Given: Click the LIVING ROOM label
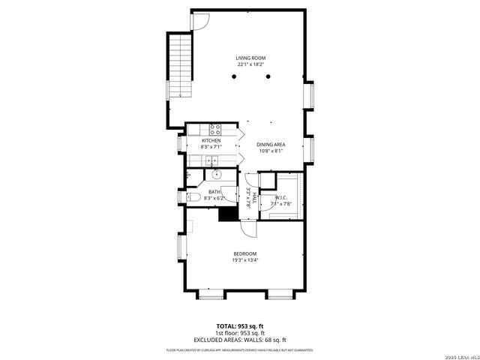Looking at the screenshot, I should pyautogui.click(x=250, y=58).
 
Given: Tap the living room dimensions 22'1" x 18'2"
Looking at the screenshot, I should pyautogui.click(x=250, y=64).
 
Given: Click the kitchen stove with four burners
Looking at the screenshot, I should pyautogui.click(x=214, y=127).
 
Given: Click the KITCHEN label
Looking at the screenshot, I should pyautogui.click(x=211, y=140).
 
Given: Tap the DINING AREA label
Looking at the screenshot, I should pyautogui.click(x=271, y=144).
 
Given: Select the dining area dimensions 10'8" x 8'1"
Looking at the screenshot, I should pyautogui.click(x=271, y=151).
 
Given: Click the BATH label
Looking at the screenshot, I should pyautogui.click(x=214, y=192).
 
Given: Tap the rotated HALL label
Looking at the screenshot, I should pyautogui.click(x=254, y=196).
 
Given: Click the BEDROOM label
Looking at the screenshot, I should pyautogui.click(x=245, y=253).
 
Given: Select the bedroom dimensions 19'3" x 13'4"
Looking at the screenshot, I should pyautogui.click(x=245, y=260).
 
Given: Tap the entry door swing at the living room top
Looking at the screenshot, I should pyautogui.click(x=199, y=21).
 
